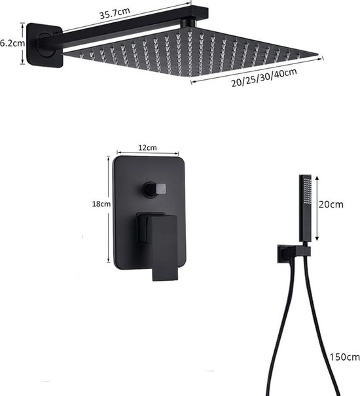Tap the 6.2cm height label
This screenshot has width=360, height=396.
click(x=11, y=43)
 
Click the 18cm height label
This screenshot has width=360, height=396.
click(x=100, y=204)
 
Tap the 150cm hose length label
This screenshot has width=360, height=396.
click(x=343, y=357)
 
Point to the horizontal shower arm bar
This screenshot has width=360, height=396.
click(x=124, y=27)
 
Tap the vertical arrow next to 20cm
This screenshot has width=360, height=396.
click(x=318, y=206)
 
